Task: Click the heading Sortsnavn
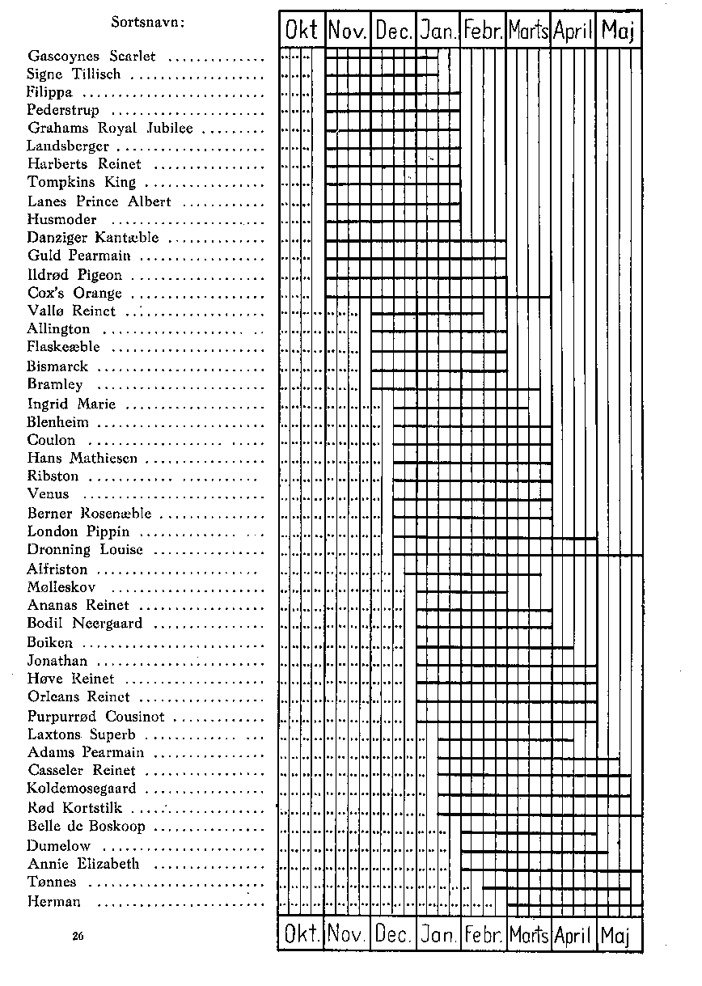click(x=148, y=22)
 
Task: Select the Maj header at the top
click(x=618, y=32)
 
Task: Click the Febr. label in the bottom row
click(x=484, y=935)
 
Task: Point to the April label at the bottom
click(x=573, y=935)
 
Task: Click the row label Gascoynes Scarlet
click(x=91, y=57)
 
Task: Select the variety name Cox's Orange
click(x=74, y=293)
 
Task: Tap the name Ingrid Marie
click(x=71, y=404)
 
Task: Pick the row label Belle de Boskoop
click(x=86, y=827)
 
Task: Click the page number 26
click(x=78, y=936)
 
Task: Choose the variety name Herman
click(x=53, y=901)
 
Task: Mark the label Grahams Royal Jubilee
click(x=110, y=129)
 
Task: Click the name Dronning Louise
click(x=85, y=550)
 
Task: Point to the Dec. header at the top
click(x=394, y=32)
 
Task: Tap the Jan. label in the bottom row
click(x=438, y=935)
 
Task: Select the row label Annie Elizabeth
click(x=82, y=864)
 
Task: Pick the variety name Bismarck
click(x=57, y=366)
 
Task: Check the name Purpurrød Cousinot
click(x=95, y=717)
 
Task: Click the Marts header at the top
click(x=529, y=32)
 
